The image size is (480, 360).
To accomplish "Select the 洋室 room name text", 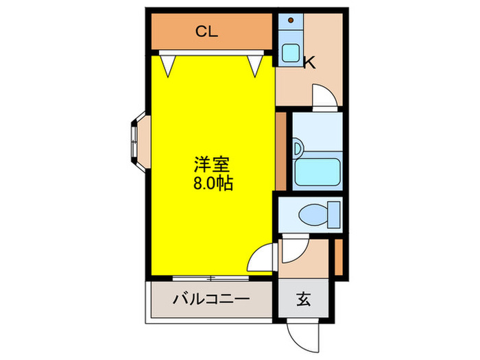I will tap(211, 165).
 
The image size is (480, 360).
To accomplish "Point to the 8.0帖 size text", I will tap(211, 183).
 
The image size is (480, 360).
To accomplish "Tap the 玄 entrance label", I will tap(302, 300).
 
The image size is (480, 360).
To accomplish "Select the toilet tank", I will tap(335, 213).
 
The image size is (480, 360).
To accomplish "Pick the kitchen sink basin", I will tap(290, 52).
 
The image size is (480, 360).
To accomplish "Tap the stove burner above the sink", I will tap(290, 23).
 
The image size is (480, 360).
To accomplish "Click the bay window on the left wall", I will tap(135, 140).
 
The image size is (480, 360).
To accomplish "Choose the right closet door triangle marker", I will tap(256, 66).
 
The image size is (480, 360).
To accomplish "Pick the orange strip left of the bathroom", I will tap(280, 149).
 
